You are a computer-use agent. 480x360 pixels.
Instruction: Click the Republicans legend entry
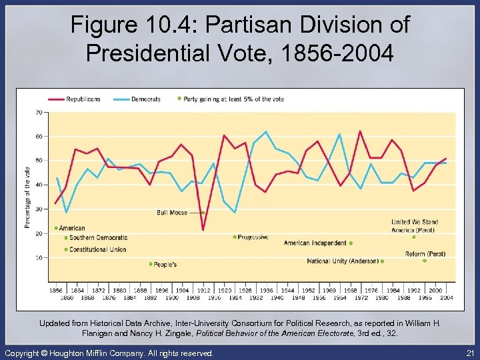coord(83,99)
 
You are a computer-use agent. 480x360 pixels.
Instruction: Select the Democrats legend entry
coord(145,99)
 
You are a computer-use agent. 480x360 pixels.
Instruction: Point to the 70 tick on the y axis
coord(39,112)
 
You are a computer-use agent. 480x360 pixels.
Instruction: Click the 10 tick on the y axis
coord(39,257)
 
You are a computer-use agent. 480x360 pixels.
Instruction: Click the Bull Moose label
coord(171,213)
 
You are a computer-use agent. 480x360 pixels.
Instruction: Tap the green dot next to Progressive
coord(235,237)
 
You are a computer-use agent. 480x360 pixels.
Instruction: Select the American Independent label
coord(315,243)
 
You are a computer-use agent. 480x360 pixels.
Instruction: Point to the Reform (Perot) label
coord(425,254)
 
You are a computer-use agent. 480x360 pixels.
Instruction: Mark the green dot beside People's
coord(151,264)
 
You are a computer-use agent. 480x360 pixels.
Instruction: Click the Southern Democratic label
coord(97,238)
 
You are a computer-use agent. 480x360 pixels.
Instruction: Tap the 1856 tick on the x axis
coord(56,291)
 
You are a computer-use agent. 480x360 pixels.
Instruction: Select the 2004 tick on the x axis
coord(446,297)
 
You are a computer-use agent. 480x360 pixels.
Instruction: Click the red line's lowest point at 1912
coord(203,230)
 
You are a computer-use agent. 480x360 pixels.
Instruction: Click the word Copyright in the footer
coord(25,353)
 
